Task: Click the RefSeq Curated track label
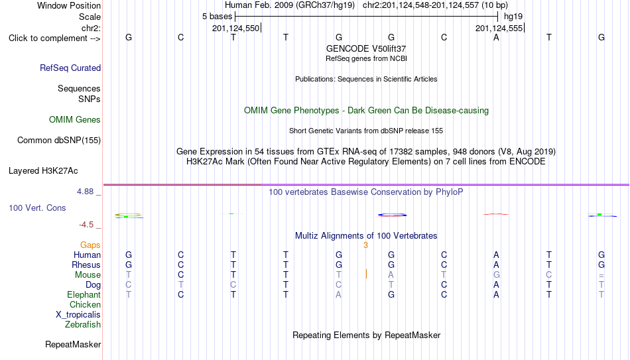(70, 68)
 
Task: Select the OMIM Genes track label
(75, 120)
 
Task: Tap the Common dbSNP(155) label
(59, 141)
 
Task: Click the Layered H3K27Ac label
(43, 171)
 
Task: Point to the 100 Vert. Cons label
(37, 208)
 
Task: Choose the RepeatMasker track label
(73, 344)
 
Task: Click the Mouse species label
(88, 275)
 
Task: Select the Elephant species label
(84, 294)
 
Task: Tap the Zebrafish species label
(83, 324)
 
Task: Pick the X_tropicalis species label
(78, 315)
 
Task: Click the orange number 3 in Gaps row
(365, 245)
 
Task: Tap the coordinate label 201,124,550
(236, 29)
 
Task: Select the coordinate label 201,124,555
(499, 29)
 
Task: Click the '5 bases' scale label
(217, 17)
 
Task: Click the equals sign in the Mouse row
(601, 276)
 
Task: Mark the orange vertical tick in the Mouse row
(366, 274)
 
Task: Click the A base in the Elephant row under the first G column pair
(339, 294)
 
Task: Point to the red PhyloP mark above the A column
(496, 214)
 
